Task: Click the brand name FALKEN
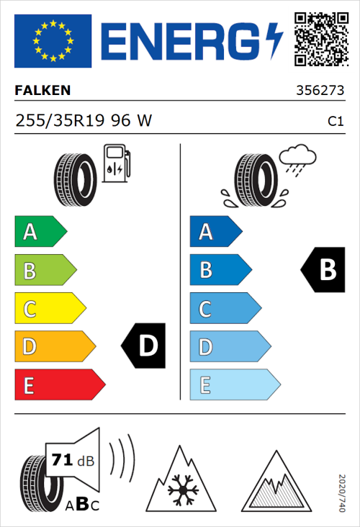[43, 91]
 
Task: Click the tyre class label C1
[335, 122]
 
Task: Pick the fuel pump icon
[116, 163]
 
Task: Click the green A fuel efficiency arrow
[40, 232]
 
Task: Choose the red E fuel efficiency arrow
[59, 385]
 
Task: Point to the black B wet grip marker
[325, 270]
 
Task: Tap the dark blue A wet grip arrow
[215, 232]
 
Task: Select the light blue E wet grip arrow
[234, 385]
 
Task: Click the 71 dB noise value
[71, 460]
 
